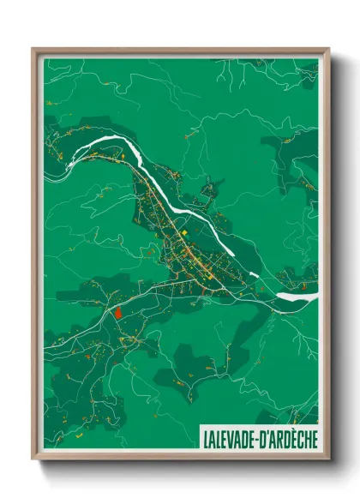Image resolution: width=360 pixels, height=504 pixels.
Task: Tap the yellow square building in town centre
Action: coord(182,231)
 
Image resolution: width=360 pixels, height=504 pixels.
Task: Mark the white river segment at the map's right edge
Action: coord(300,297)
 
